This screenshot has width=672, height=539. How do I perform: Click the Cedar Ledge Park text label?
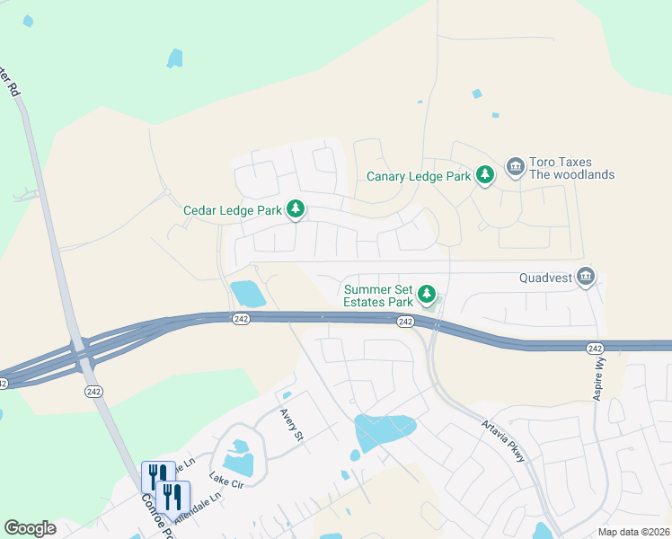[x=233, y=210]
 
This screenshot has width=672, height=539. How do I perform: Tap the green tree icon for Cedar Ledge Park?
[x=296, y=210]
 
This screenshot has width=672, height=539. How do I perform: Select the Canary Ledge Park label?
[x=419, y=176]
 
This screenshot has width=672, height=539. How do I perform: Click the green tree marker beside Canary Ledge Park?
[x=485, y=174]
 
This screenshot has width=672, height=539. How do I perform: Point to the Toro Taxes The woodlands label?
[x=571, y=168]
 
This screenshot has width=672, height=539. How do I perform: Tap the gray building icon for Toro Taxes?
[x=515, y=167]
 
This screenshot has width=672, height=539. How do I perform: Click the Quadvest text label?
[x=545, y=278]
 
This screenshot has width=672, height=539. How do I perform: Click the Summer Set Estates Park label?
[x=378, y=296]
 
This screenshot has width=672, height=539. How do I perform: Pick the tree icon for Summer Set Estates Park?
[x=429, y=294]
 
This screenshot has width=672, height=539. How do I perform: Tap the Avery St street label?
[x=293, y=424]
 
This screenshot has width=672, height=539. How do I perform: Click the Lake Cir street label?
[x=225, y=481]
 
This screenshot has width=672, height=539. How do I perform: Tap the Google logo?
[x=30, y=528]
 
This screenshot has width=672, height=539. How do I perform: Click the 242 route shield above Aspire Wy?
[x=594, y=349]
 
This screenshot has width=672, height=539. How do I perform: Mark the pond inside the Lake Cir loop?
[x=238, y=458]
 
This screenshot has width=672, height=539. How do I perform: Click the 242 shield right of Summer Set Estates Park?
[x=404, y=322]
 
